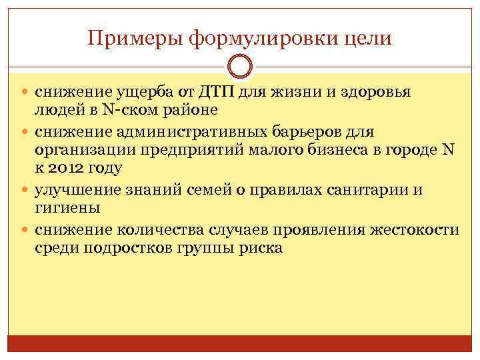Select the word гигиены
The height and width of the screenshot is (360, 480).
tap(68, 207)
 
